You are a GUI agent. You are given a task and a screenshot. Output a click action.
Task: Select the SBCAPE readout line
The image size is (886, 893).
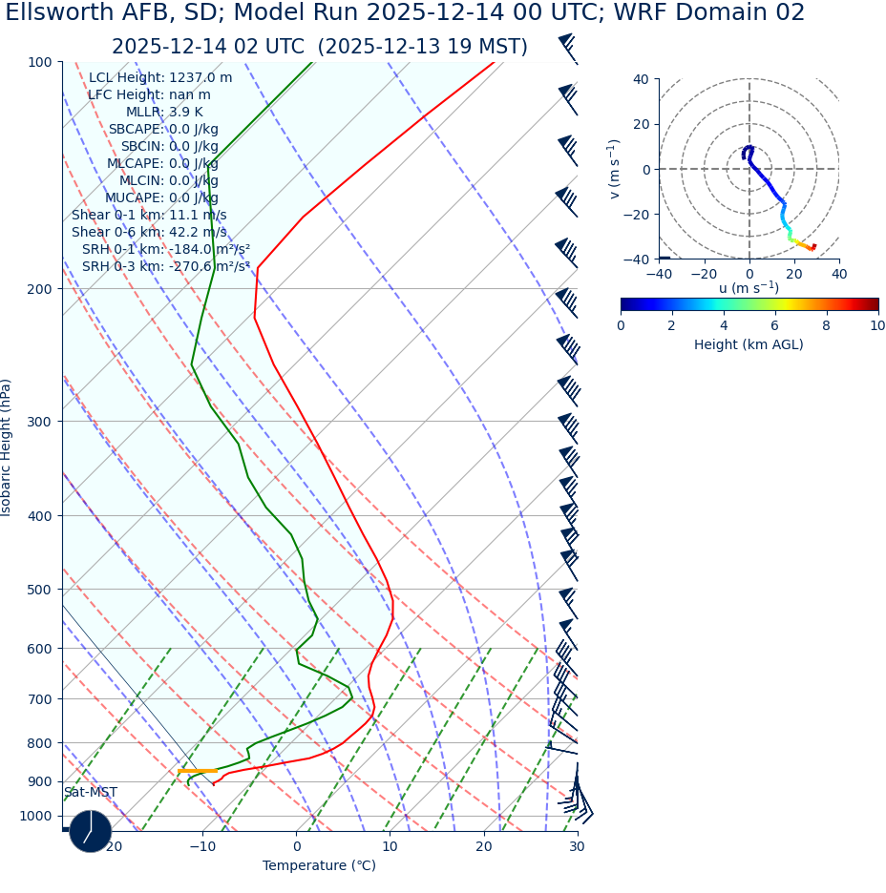(x=162, y=130)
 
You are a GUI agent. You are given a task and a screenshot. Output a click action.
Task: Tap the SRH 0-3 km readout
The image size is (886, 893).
(x=165, y=266)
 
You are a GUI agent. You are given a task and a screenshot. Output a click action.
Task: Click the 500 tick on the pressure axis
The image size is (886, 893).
(x=40, y=590)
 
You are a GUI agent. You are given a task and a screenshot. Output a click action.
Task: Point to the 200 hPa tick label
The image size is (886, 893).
(x=40, y=289)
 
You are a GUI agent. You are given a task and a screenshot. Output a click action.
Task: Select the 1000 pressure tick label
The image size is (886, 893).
(x=36, y=816)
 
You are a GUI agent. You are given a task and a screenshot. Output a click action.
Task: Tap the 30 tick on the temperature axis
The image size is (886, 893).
(x=577, y=846)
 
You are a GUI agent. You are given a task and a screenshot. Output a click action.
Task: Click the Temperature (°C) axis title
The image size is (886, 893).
(x=319, y=866)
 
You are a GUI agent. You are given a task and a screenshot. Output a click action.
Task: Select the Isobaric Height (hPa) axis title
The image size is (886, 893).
(x=8, y=447)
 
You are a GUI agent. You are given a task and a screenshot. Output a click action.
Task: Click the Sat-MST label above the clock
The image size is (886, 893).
(x=91, y=793)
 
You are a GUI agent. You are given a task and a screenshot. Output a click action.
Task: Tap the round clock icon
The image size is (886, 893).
(x=91, y=831)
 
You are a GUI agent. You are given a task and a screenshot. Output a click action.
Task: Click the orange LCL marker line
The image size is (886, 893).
(x=198, y=770)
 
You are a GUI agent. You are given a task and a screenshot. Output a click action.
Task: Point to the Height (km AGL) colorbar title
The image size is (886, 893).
(x=749, y=344)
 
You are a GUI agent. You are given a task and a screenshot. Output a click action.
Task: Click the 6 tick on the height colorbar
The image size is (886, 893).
(x=774, y=325)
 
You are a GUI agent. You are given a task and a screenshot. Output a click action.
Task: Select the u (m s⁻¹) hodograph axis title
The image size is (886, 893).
(x=749, y=287)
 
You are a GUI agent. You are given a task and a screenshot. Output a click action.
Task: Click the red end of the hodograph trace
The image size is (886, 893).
(x=812, y=247)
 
